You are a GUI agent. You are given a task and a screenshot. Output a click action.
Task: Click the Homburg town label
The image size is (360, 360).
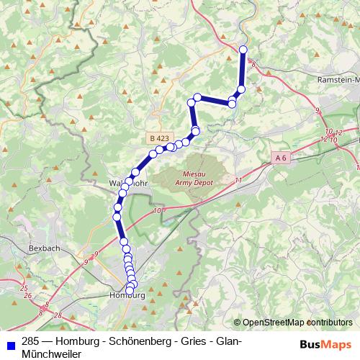(x=126, y=296)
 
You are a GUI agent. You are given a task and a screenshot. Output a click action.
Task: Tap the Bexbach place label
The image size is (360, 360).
(x=44, y=248)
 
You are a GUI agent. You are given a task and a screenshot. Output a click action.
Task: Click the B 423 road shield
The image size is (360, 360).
(x=159, y=138)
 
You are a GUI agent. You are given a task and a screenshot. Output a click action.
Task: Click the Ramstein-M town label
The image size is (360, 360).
(x=338, y=81)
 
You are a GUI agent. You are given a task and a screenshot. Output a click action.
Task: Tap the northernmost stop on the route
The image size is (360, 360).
(x=243, y=50)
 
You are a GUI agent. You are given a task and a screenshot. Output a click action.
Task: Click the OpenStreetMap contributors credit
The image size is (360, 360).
(x=297, y=322)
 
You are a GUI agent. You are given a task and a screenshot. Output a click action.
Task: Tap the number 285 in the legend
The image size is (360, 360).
(x=30, y=341)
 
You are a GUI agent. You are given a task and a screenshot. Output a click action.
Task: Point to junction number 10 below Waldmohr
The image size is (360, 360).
(x=158, y=210)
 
